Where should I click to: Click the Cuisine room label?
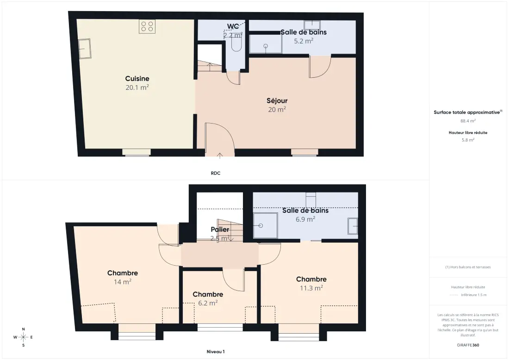pos(137,79)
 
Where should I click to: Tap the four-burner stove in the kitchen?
pos(147,26)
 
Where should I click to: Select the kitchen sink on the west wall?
pos(85,49)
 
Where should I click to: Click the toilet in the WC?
pos(236,42)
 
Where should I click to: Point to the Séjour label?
pos(277,100)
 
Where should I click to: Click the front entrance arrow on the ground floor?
pos(220,155)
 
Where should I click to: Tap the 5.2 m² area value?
pos(304,41)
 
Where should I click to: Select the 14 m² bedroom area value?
pos(122,282)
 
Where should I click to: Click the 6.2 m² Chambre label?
pos(208,294)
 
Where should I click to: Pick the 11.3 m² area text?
pos(311,288)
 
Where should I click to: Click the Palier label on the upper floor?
pos(220,230)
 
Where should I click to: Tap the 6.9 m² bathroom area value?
pos(305,219)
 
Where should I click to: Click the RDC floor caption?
pos(216,174)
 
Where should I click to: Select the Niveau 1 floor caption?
pos(216,352)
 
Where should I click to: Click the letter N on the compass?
pos(24,329)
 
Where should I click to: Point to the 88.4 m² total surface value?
pos(468,121)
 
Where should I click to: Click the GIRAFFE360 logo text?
pos(468,345)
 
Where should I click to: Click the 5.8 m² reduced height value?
pos(468,140)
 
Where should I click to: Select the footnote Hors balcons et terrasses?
pos(468,267)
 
